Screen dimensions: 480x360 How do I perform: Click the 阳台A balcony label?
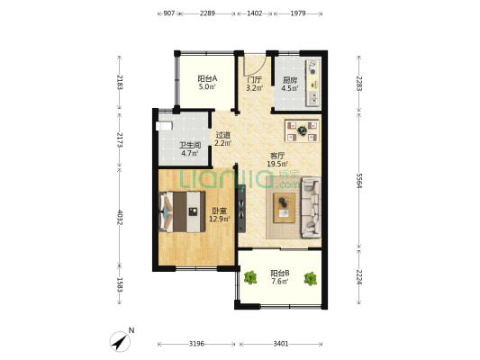(x=207, y=78)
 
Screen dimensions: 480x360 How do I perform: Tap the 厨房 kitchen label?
(x=289, y=80)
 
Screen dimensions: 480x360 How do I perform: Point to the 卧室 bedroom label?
(x=219, y=211)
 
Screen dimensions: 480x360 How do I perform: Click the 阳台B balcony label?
(x=280, y=273)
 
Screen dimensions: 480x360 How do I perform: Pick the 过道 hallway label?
(x=222, y=135)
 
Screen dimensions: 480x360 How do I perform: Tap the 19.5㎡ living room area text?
(x=277, y=164)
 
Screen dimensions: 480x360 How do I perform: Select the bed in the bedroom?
(x=183, y=211)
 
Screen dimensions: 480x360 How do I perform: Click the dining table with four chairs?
(x=303, y=130)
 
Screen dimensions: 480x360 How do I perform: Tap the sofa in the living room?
(x=311, y=208)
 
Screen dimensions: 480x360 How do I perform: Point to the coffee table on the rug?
(x=285, y=208)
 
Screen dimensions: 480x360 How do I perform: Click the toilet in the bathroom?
(x=164, y=126)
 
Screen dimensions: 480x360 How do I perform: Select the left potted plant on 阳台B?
(x=250, y=278)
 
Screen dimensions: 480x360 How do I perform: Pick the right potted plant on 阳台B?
(x=311, y=279)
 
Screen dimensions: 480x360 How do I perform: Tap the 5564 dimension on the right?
(x=359, y=181)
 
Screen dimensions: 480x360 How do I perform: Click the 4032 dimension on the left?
(x=120, y=218)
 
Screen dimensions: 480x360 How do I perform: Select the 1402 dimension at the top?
(x=255, y=13)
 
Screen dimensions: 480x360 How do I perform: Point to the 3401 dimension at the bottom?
(x=281, y=344)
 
